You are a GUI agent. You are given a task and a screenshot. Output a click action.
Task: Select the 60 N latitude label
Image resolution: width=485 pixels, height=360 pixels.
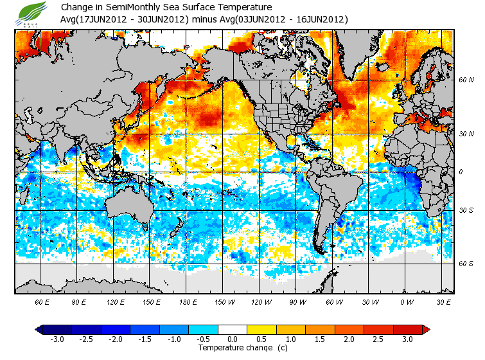[466, 80]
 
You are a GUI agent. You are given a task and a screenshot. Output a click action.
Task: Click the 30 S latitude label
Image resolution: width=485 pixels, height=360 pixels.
[466, 211]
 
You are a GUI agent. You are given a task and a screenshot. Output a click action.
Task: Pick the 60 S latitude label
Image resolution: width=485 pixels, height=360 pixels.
[466, 263]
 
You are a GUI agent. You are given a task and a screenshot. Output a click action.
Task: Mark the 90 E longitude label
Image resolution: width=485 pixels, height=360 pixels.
[78, 302]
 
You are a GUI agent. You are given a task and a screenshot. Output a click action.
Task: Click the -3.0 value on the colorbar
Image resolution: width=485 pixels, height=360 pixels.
[57, 339]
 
